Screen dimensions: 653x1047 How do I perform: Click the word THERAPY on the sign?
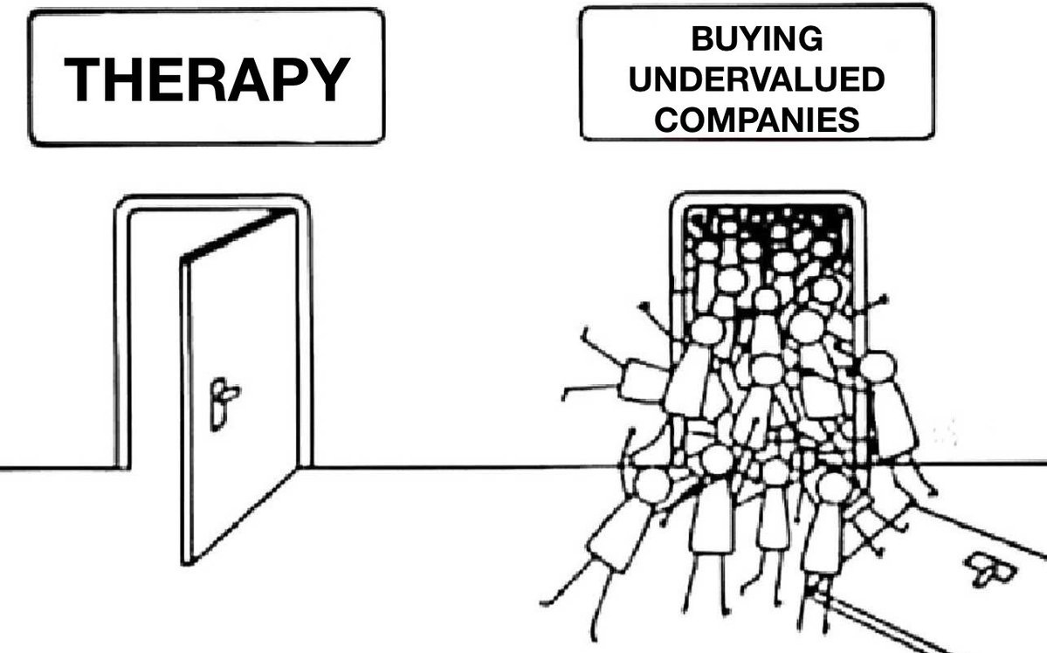coord(206,79)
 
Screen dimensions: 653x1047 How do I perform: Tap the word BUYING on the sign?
coord(757,38)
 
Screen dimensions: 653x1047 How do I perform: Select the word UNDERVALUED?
coord(757,79)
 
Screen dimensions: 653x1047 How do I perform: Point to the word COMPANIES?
coord(757,120)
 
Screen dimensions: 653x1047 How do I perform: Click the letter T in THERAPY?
coord(83,79)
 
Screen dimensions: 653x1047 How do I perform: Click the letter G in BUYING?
coord(810,38)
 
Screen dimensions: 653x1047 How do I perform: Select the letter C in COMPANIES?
coord(665,120)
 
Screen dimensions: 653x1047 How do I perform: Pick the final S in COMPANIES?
coord(850,120)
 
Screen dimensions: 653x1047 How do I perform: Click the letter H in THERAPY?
coord(124,79)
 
